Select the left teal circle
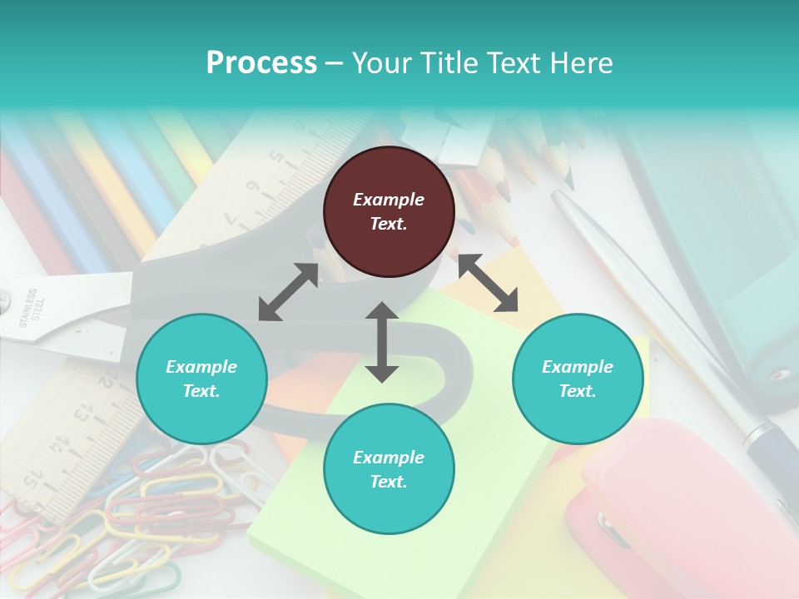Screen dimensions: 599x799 pyautogui.click(x=201, y=379)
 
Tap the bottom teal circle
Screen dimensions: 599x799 pyautogui.click(x=389, y=469)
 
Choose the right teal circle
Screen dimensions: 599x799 pyautogui.click(x=578, y=379)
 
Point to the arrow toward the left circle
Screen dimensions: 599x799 pyautogui.click(x=288, y=292)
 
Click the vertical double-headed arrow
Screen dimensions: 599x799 pyautogui.click(x=382, y=342)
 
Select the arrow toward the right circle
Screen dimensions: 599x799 pyautogui.click(x=489, y=283)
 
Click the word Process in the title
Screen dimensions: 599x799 pyautogui.click(x=261, y=62)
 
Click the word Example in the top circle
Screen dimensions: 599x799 pyautogui.click(x=389, y=200)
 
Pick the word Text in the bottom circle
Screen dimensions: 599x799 pyautogui.click(x=388, y=482)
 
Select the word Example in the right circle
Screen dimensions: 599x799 pyautogui.click(x=578, y=367)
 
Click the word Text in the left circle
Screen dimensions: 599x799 pyautogui.click(x=201, y=391)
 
